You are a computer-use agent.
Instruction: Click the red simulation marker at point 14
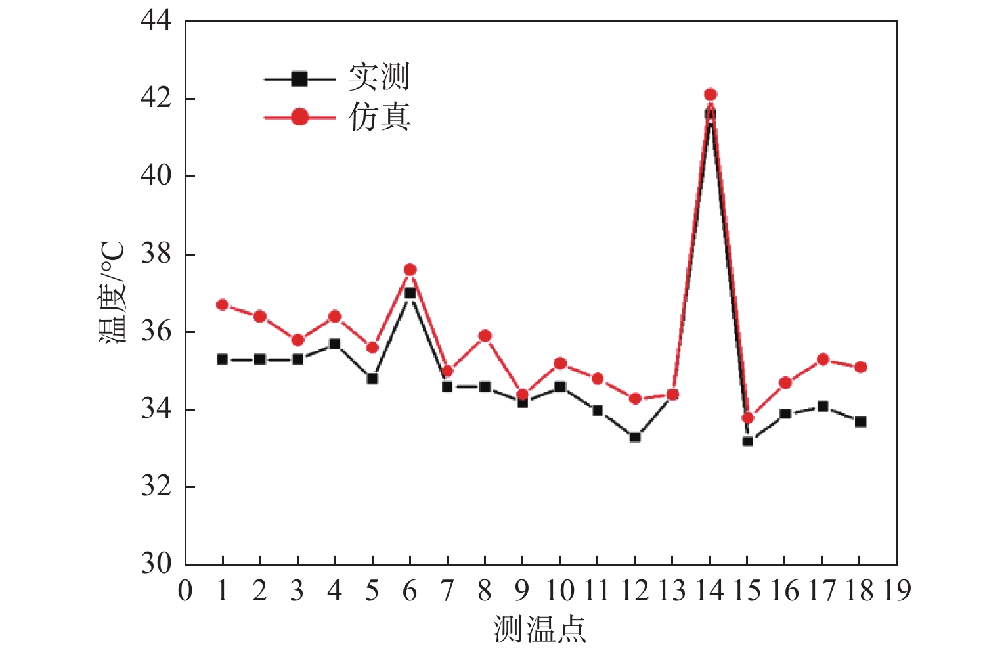[710, 95]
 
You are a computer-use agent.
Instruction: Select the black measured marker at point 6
[410, 293]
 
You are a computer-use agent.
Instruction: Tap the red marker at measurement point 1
[222, 305]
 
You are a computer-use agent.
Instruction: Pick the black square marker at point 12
[635, 437]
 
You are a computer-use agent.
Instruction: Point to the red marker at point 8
[485, 336]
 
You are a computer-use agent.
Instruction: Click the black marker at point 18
[860, 421]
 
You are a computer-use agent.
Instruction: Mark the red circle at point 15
[747, 418]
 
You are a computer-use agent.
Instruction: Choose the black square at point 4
[335, 344]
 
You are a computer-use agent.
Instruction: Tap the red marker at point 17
[823, 359]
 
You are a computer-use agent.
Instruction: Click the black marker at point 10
[560, 386]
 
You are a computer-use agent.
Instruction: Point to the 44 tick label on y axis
[156, 21]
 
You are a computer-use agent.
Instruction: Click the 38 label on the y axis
[156, 254]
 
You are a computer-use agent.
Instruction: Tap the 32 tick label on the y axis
[156, 487]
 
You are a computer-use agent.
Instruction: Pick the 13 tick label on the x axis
[672, 591]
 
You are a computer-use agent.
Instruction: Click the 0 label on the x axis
[185, 591]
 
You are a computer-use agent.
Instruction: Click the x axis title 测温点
[540, 629]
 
